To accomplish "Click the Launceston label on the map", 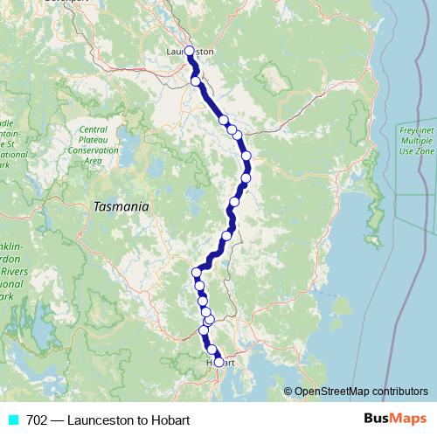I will click(190, 52).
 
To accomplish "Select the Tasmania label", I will click(121, 207).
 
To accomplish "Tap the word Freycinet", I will click(415, 130).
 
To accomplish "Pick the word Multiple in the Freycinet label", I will click(415, 141).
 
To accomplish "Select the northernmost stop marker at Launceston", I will click(190, 51).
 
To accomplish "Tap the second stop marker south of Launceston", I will click(224, 120).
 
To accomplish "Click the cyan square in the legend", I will click(11, 420).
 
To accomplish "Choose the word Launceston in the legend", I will click(99, 420).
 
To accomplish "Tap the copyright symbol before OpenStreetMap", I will click(288, 392).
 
